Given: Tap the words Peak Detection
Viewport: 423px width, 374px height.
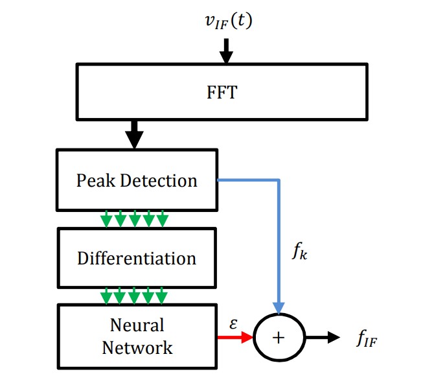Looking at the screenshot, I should pos(136,180).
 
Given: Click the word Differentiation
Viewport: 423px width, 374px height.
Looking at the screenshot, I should pos(136,258).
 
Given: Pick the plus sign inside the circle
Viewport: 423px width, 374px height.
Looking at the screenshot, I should pos(278,338).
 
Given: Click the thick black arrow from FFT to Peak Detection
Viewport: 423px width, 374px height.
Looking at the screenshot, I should pos(135,135).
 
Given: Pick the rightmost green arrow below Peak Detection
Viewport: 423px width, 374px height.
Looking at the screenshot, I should pos(163,219).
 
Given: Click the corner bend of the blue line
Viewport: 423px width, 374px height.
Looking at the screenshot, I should pos(279,180).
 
